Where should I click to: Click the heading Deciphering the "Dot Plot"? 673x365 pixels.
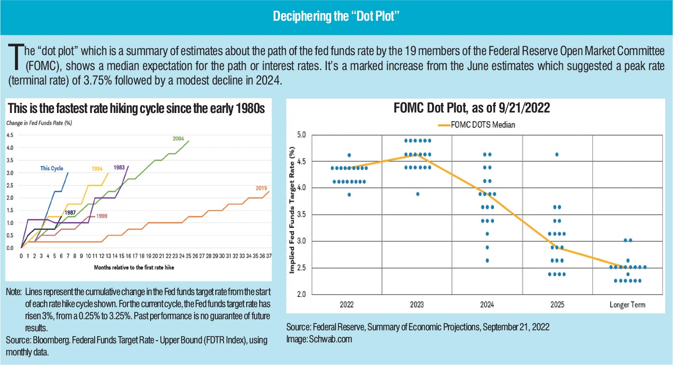(336, 16)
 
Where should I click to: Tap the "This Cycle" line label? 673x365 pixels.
(52, 168)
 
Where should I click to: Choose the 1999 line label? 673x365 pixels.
(102, 216)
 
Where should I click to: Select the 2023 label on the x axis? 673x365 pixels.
(417, 305)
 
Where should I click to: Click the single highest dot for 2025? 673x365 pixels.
(557, 154)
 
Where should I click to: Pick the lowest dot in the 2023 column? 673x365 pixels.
(418, 194)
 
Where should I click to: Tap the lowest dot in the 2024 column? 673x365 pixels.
(487, 261)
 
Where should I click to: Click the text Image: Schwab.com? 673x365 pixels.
(319, 339)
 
